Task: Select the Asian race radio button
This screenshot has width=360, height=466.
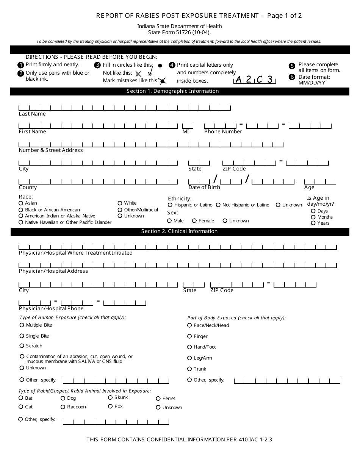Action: click(x=21, y=203)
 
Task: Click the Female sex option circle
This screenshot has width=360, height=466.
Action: click(x=194, y=221)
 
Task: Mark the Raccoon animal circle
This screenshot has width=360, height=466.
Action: click(x=63, y=407)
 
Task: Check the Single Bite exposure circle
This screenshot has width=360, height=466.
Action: click(x=22, y=336)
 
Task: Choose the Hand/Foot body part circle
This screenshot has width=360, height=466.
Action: click(x=189, y=347)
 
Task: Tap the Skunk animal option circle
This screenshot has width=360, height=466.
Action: click(x=110, y=397)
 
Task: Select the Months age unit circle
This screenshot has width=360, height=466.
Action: click(x=313, y=217)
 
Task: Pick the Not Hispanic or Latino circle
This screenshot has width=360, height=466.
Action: click(x=218, y=205)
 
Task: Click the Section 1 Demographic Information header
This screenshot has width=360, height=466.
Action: click(x=180, y=91)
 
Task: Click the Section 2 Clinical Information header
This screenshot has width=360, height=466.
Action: click(x=180, y=231)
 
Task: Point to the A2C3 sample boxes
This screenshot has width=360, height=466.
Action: click(x=254, y=80)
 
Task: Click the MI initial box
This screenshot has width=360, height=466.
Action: click(x=188, y=126)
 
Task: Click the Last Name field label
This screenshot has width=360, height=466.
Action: click(x=32, y=114)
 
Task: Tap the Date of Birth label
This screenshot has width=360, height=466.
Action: click(x=204, y=187)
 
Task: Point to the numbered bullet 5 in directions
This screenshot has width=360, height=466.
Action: click(x=292, y=66)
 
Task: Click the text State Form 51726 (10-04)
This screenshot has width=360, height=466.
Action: click(x=180, y=32)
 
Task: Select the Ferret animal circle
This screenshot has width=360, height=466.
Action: click(x=158, y=399)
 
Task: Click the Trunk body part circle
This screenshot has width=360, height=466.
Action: click(x=189, y=369)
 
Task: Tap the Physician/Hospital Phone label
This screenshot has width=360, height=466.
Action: click(x=51, y=308)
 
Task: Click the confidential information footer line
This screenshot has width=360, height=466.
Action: click(x=179, y=439)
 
